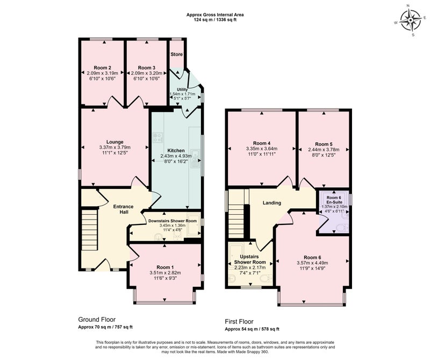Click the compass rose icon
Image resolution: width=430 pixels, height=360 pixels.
(x=410, y=20)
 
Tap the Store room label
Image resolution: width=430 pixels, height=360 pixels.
(x=177, y=54)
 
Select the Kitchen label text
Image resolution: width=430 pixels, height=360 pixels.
(x=176, y=151)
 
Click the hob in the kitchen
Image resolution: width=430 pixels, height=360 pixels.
(x=157, y=137)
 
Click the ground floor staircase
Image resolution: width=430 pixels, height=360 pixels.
(x=89, y=230)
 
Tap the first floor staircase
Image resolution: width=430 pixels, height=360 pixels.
(x=236, y=221)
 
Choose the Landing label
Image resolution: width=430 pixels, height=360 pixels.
(x=272, y=203)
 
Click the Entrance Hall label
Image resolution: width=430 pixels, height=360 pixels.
(x=124, y=209)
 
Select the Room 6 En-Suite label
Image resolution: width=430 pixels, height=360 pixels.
(x=334, y=200)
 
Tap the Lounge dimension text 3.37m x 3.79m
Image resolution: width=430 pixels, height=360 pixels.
(x=115, y=147)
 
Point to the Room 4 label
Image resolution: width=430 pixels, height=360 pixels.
(x=262, y=143)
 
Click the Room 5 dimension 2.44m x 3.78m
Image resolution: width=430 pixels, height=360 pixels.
(x=324, y=150)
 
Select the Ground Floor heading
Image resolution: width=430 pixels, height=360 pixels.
(x=97, y=320)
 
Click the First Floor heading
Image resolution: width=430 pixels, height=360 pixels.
(x=239, y=322)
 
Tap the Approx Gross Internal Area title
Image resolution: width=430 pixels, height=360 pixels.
(x=215, y=15)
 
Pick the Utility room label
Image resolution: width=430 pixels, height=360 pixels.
(x=182, y=89)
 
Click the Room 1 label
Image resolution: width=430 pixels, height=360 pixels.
(x=165, y=267)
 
